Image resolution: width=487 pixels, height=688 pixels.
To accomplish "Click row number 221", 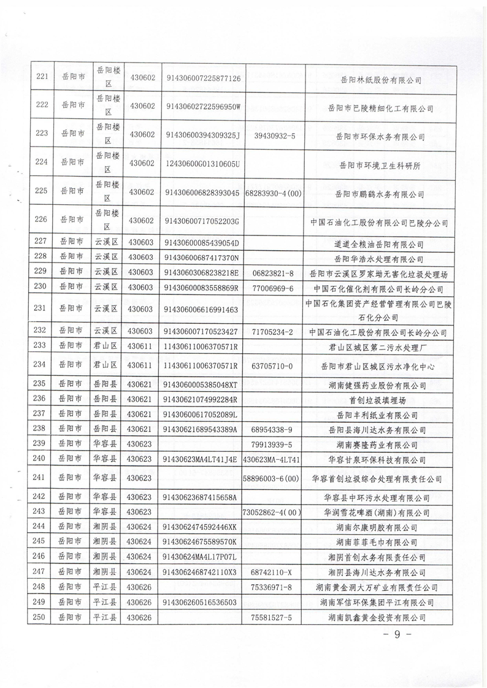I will click(41, 78).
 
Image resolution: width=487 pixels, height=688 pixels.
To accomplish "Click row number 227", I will click(41, 244).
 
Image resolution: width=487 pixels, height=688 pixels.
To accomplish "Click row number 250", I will click(41, 616).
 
